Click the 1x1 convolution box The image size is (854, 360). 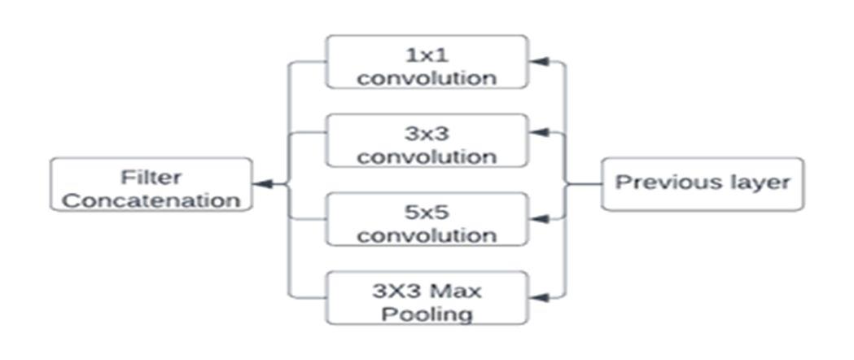[x=427, y=62]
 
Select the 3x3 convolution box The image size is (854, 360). [x=427, y=140]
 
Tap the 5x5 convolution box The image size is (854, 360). [x=427, y=219]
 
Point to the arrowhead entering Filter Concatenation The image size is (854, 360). [x=261, y=185]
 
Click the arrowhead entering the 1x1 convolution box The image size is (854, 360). [x=536, y=62]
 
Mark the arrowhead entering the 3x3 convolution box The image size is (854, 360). [x=536, y=131]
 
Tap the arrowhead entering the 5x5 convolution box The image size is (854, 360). [x=536, y=217]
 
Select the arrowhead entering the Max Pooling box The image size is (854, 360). [x=536, y=297]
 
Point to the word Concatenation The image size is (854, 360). [x=151, y=200]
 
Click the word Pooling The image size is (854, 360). [x=427, y=314]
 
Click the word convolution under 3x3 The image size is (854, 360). [x=427, y=156]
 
